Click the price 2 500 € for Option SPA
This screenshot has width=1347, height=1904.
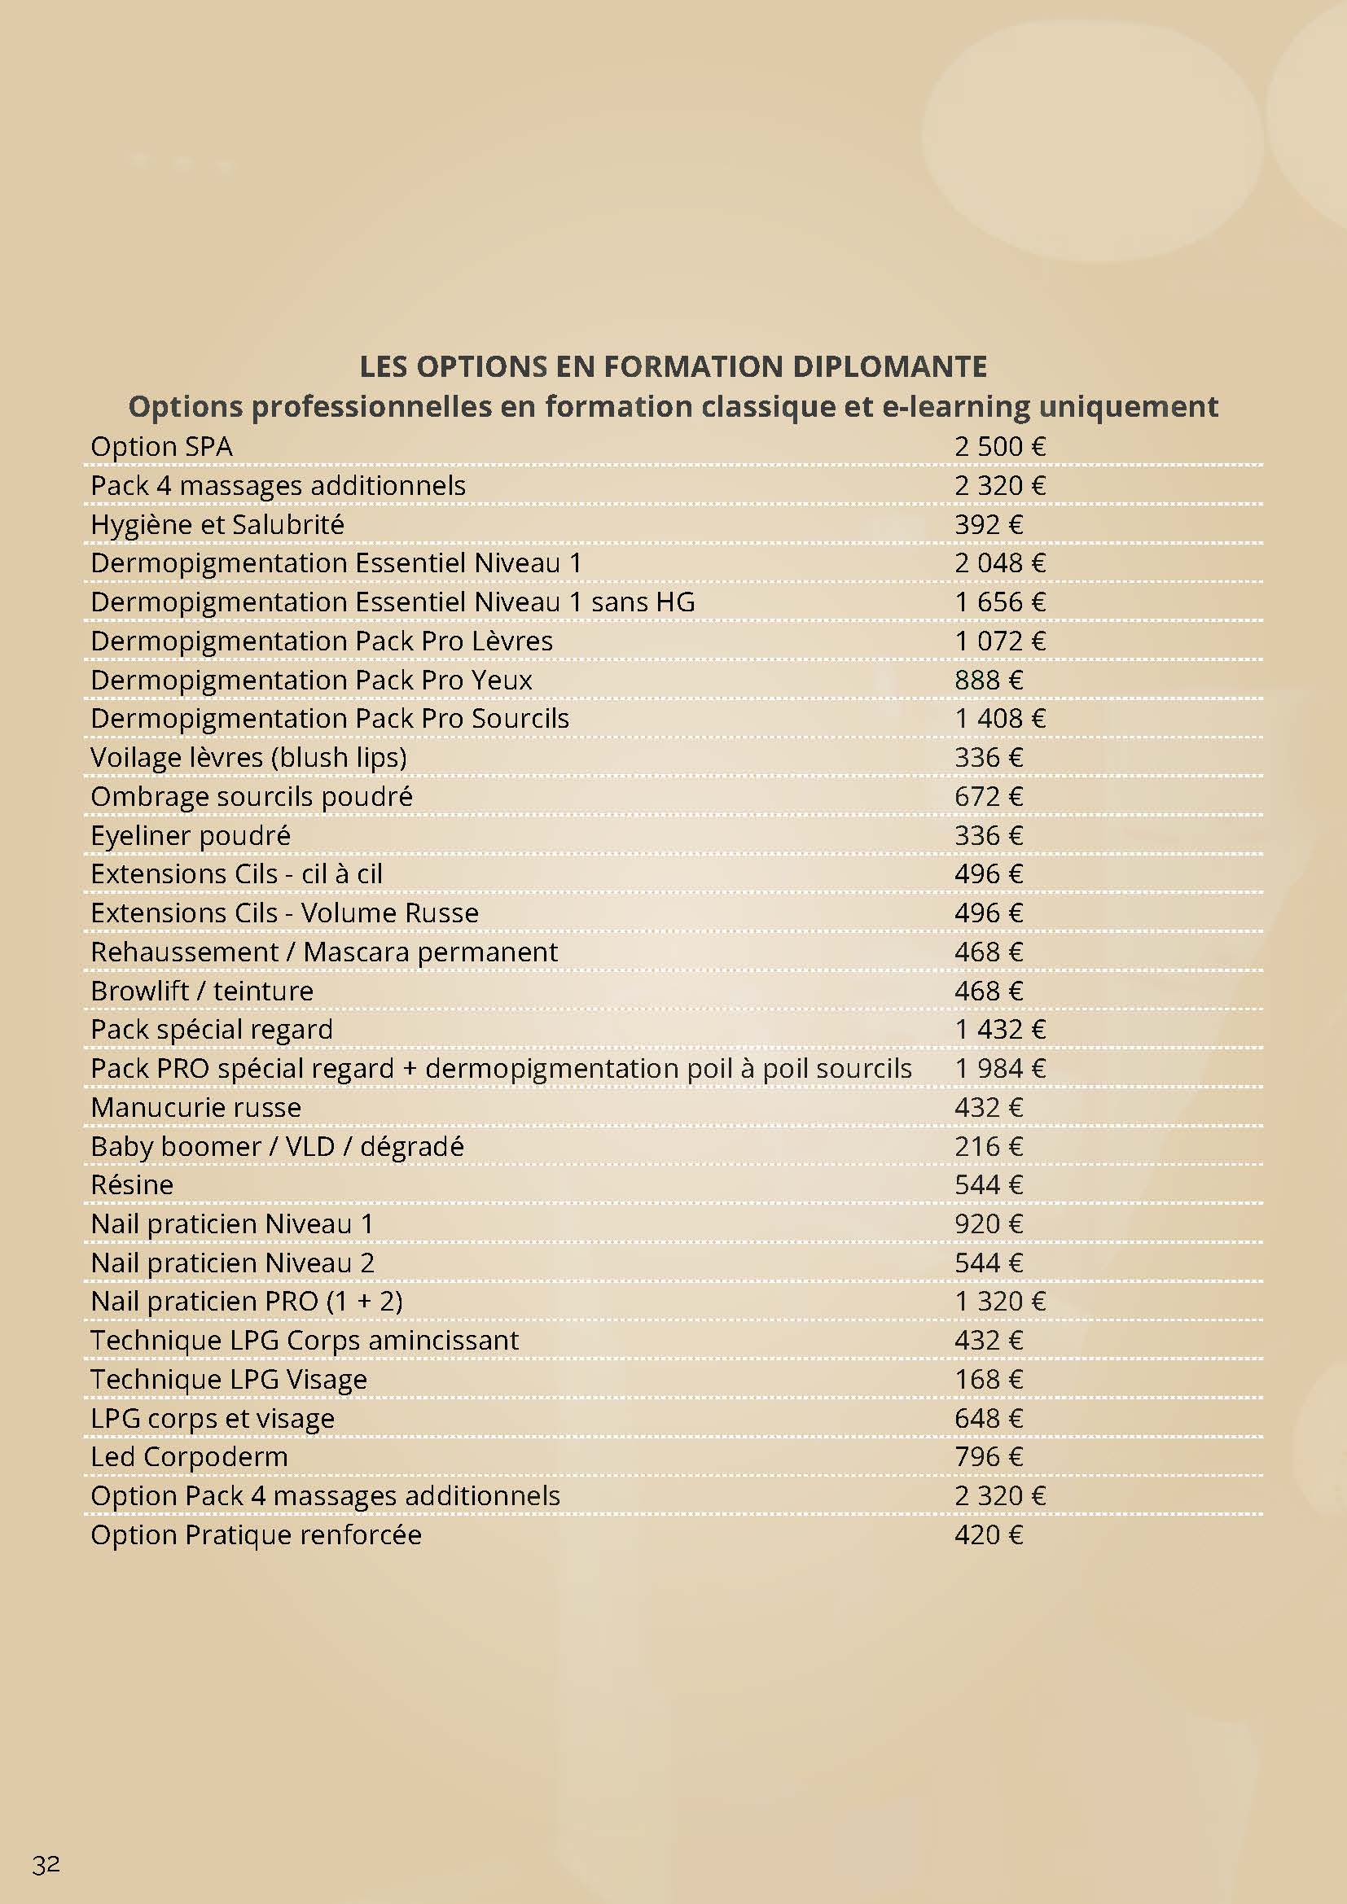[x=999, y=446]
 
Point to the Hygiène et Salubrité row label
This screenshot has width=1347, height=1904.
[x=217, y=524]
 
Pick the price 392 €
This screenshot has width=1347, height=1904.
[x=988, y=524]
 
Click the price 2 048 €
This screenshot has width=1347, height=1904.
[x=999, y=563]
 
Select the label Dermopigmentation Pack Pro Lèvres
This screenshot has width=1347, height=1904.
[x=321, y=641]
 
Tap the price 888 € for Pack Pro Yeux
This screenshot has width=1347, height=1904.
[x=988, y=680]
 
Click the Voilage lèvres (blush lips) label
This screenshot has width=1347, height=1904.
[x=248, y=757]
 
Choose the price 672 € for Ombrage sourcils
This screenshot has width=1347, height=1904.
[x=988, y=796]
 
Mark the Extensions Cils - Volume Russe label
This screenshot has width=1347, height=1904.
[x=283, y=913]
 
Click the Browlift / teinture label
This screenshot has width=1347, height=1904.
[x=201, y=991]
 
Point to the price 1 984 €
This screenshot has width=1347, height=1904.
[x=999, y=1068]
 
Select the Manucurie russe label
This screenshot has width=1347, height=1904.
[x=195, y=1107]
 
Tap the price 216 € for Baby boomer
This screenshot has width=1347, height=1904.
[x=988, y=1146]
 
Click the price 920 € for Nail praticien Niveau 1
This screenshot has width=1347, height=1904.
[x=988, y=1224]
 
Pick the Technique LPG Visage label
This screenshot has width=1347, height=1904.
[x=228, y=1379]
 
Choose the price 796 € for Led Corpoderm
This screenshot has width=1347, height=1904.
[x=988, y=1457]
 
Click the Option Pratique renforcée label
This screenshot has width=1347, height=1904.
[x=256, y=1535]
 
